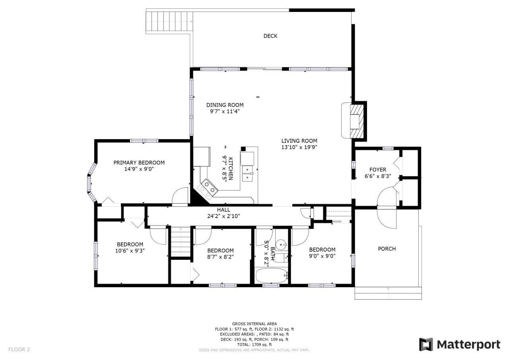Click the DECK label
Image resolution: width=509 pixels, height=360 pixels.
pyautogui.click(x=270, y=36)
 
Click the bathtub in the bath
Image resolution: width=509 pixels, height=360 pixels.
pyautogui.click(x=272, y=276)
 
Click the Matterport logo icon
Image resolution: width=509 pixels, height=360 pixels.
pyautogui.click(x=426, y=345)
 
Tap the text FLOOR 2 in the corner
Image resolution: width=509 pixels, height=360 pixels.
pyautogui.click(x=19, y=350)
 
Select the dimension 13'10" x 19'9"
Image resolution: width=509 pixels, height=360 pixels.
pyautogui.click(x=299, y=147)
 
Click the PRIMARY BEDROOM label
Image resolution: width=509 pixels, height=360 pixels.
pyautogui.click(x=139, y=163)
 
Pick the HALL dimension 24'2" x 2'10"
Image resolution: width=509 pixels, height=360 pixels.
pyautogui.click(x=223, y=216)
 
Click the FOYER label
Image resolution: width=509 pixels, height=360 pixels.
pyautogui.click(x=378, y=169)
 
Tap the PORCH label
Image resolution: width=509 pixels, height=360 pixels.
pyautogui.click(x=387, y=249)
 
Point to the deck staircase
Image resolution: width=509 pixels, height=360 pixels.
pyautogui.click(x=169, y=21)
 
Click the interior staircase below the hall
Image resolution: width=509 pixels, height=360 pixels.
pyautogui.click(x=181, y=242)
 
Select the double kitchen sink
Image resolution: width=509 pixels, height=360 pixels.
pyautogui.click(x=248, y=173)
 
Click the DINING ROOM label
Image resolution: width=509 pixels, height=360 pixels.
pyautogui.click(x=225, y=105)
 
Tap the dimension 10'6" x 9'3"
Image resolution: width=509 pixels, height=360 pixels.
pyautogui.click(x=130, y=251)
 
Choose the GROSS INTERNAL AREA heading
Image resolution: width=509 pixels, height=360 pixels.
pyautogui.click(x=254, y=324)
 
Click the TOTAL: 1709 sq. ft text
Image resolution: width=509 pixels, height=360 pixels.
pyautogui.click(x=254, y=345)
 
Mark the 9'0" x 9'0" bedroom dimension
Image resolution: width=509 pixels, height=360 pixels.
pyautogui.click(x=322, y=256)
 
